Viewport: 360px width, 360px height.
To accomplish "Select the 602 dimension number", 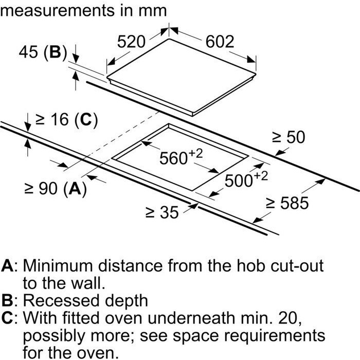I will [220, 42].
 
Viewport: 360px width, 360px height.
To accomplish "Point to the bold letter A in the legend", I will [8, 266].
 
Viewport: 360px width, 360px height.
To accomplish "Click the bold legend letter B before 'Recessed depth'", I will [7, 300].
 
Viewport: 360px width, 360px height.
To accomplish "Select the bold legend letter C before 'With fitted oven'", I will [8, 318].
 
